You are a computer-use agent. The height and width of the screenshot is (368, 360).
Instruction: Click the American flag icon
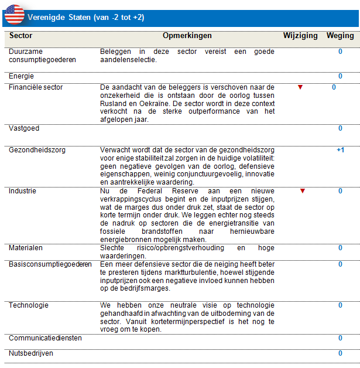tap(13, 14)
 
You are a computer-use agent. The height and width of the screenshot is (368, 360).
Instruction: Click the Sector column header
tap(21, 36)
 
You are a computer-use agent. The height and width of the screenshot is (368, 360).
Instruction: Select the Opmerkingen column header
tap(187, 36)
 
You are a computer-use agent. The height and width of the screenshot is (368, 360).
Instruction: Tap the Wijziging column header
tap(300, 36)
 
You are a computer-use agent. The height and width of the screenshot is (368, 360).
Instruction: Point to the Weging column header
tap(340, 36)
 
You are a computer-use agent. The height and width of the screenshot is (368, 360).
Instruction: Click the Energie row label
tap(21, 76)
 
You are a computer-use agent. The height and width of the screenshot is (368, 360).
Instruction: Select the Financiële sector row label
tap(36, 87)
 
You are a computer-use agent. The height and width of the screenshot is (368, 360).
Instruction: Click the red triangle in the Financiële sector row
tap(300, 87)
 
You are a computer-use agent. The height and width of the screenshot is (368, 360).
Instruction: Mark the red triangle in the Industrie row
tap(303, 191)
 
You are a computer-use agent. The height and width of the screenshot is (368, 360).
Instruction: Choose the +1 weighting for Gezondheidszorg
tap(340, 150)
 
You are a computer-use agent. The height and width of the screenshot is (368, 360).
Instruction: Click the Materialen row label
tap(25, 248)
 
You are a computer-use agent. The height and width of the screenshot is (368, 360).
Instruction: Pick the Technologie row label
tap(29, 305)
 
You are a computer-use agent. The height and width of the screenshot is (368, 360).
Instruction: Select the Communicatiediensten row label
tap(45, 338)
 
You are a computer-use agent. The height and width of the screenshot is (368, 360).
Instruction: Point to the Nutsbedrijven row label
tap(31, 353)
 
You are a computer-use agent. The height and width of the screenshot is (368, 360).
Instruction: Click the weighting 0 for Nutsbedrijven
tap(340, 353)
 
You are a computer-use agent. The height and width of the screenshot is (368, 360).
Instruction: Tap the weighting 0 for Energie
tap(340, 76)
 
